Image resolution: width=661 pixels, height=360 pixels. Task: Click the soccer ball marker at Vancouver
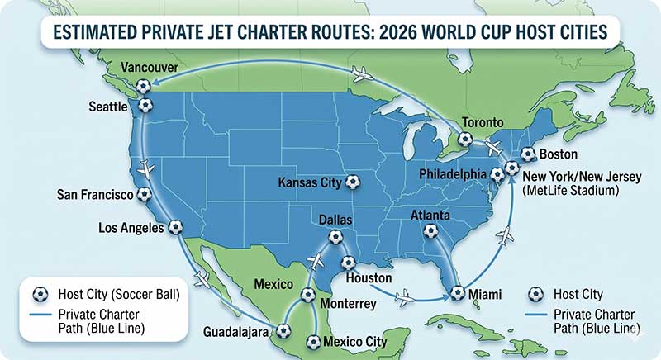pyautogui.click(x=144, y=85)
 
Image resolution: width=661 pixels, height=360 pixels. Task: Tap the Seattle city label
pyautogui.click(x=112, y=107)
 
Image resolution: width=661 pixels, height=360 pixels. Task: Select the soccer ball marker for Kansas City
pyautogui.click(x=353, y=182)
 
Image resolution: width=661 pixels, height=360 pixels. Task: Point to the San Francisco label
pyautogui.click(x=95, y=195)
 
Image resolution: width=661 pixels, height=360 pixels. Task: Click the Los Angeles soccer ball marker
pyautogui.click(x=175, y=227)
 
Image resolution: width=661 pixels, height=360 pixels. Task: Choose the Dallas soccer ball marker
pyautogui.click(x=335, y=237)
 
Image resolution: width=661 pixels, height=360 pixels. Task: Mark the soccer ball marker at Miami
pyautogui.click(x=457, y=292)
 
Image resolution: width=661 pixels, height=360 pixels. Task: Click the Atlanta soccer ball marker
pyautogui.click(x=430, y=232)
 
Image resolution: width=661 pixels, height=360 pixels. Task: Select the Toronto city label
pyautogui.click(x=482, y=121)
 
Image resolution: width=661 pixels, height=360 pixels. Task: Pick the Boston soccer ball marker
pyautogui.click(x=528, y=154)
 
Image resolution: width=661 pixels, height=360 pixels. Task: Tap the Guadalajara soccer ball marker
pyautogui.click(x=284, y=331)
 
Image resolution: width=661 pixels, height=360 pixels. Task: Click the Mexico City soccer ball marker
pyautogui.click(x=312, y=341)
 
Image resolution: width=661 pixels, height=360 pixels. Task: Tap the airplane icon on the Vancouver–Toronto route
pyautogui.click(x=361, y=75)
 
